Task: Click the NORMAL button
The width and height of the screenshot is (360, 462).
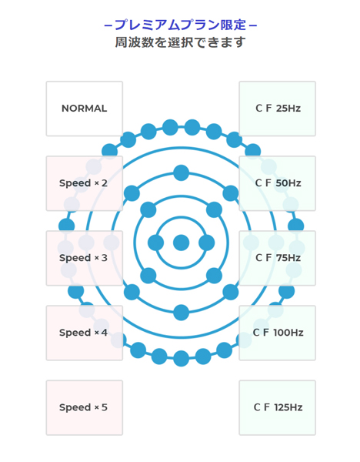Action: click(x=85, y=109)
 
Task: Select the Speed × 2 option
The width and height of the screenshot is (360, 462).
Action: click(x=85, y=183)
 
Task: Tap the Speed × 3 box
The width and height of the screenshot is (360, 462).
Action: click(x=85, y=258)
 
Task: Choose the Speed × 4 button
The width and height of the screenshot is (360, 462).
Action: click(x=85, y=333)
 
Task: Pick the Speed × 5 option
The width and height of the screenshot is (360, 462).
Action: click(x=85, y=408)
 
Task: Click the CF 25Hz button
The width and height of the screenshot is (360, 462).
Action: click(x=277, y=109)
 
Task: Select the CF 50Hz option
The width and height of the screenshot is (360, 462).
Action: click(x=277, y=183)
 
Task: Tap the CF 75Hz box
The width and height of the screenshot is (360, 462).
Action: click(x=277, y=258)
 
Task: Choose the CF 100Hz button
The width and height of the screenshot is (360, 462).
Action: click(x=277, y=333)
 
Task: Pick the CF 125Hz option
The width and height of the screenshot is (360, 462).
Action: click(x=277, y=408)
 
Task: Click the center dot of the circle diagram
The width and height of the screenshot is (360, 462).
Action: click(x=181, y=243)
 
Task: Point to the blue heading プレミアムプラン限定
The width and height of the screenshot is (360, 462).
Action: click(x=181, y=25)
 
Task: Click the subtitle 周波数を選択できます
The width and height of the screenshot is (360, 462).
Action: click(x=180, y=42)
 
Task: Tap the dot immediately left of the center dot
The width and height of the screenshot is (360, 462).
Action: click(x=155, y=243)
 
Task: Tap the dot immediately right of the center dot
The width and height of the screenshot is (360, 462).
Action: click(x=207, y=243)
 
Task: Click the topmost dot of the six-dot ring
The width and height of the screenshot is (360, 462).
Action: click(x=181, y=172)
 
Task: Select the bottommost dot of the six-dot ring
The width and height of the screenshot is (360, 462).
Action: click(x=181, y=313)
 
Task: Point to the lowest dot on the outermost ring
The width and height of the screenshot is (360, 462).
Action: click(x=181, y=359)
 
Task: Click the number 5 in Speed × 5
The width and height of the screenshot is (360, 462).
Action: click(x=105, y=407)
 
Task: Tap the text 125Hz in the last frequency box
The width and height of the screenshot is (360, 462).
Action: click(x=288, y=407)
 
